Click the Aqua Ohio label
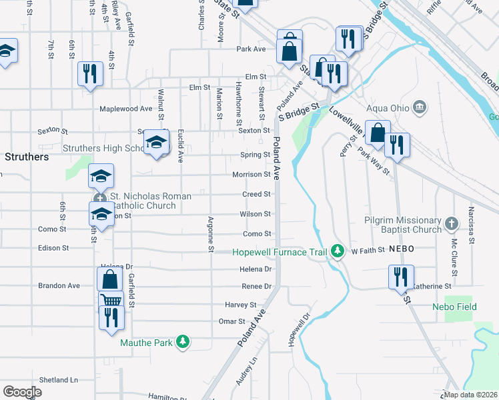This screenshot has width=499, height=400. [388, 107]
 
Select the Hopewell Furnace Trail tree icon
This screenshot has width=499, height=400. [339, 251]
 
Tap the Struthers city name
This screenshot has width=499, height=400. [27, 157]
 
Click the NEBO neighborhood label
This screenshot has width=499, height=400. [403, 248]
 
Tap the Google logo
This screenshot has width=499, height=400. [23, 392]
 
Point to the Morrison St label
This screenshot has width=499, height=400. [251, 175]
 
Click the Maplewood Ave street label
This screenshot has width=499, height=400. [126, 109]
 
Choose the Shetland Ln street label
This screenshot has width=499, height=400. [59, 380]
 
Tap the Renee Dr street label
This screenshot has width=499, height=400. [257, 286]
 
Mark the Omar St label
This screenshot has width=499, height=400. [232, 321]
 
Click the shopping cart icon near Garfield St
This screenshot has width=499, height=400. [110, 301]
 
